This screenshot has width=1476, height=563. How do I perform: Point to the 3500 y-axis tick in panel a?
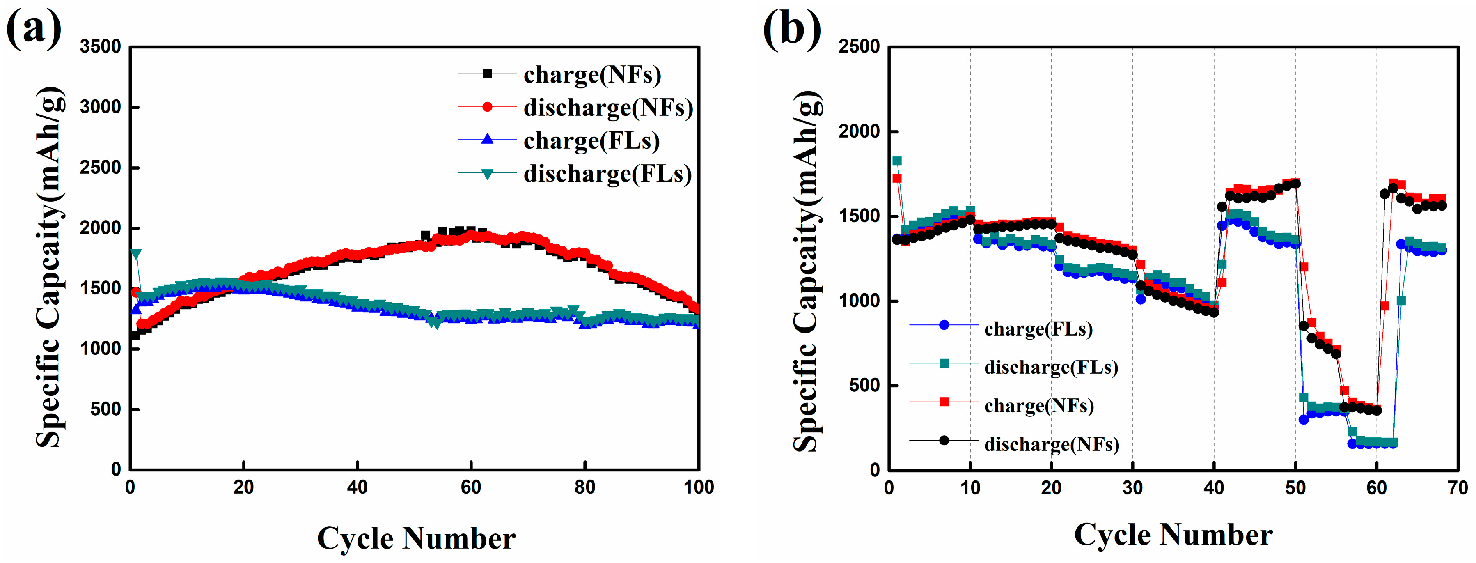100,46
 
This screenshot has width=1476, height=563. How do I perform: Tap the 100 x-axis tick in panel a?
699,488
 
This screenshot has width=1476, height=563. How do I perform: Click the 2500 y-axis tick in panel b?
859,46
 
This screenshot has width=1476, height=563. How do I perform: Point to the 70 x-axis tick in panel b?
1457,488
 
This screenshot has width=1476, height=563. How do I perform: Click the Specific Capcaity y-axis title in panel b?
808,269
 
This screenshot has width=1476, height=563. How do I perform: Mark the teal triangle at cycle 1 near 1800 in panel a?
136,253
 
